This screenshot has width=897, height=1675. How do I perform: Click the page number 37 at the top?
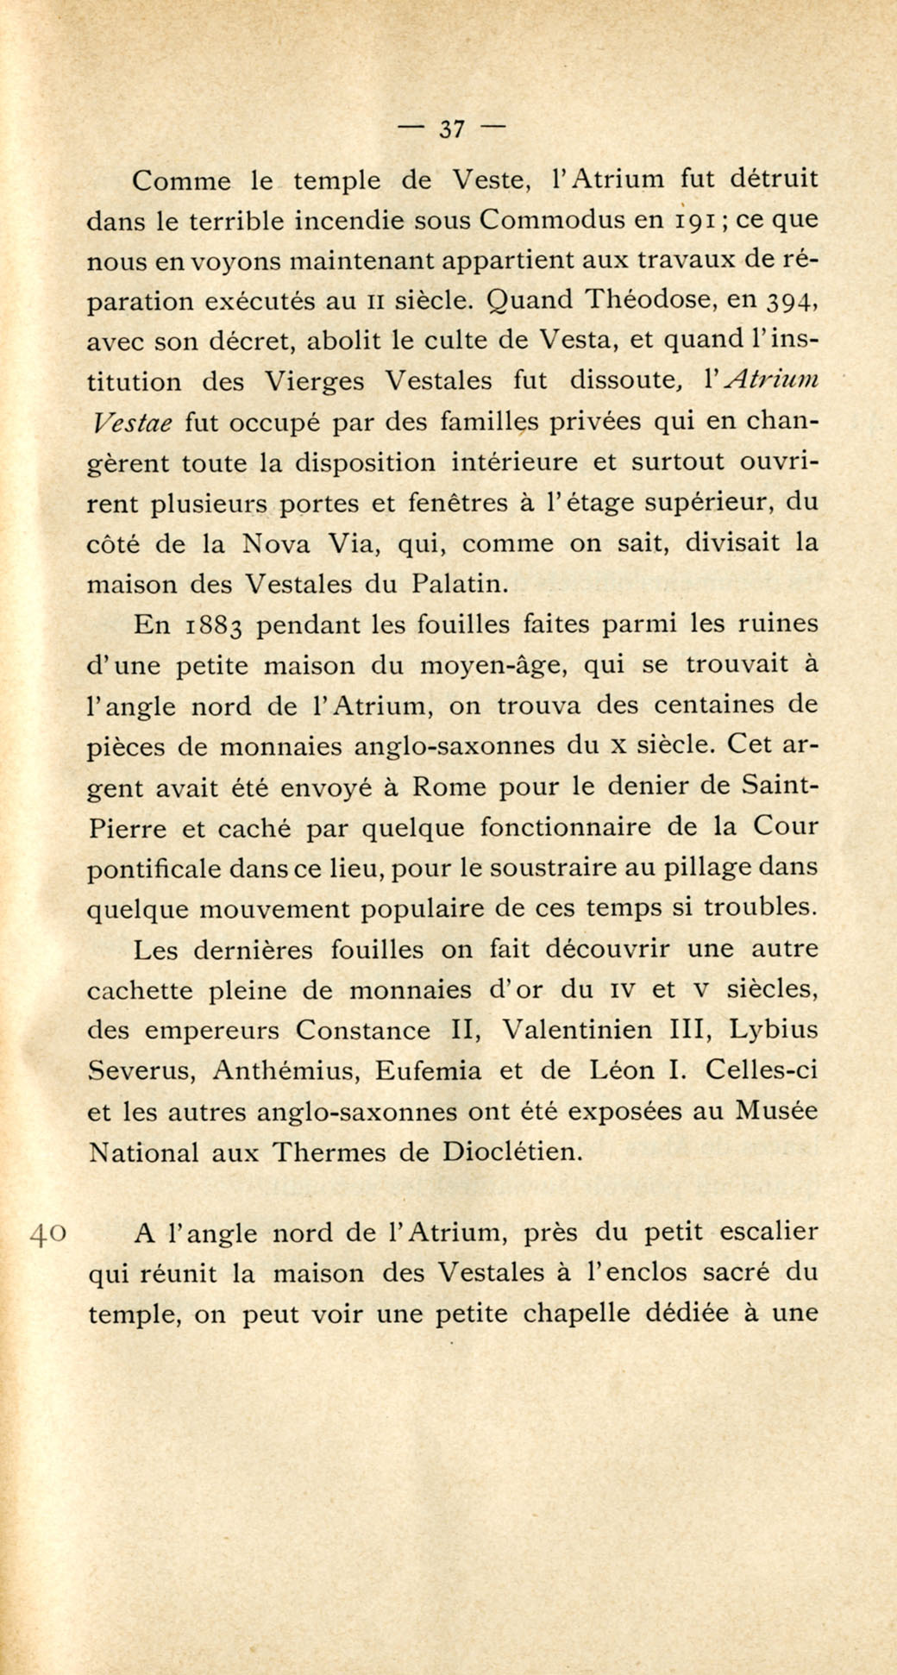click(452, 129)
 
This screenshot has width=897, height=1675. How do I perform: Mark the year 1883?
click(216, 625)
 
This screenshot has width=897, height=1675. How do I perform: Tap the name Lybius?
click(774, 1031)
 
